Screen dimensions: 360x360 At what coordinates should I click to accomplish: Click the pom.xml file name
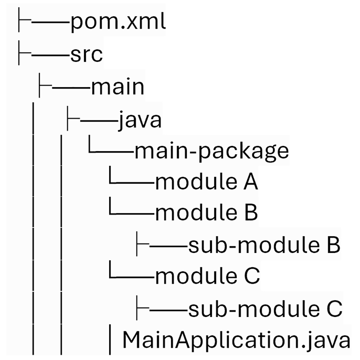[x=118, y=23]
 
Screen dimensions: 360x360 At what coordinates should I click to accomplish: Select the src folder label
[x=86, y=55]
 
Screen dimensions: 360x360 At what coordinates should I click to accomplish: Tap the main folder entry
[x=118, y=87]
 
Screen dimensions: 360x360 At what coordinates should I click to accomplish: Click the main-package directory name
[x=211, y=151]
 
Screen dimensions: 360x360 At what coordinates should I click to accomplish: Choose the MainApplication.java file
[x=236, y=340]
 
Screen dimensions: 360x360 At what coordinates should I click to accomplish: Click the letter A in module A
[x=250, y=182]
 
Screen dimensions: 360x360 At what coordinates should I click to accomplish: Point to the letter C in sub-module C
[x=334, y=309]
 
